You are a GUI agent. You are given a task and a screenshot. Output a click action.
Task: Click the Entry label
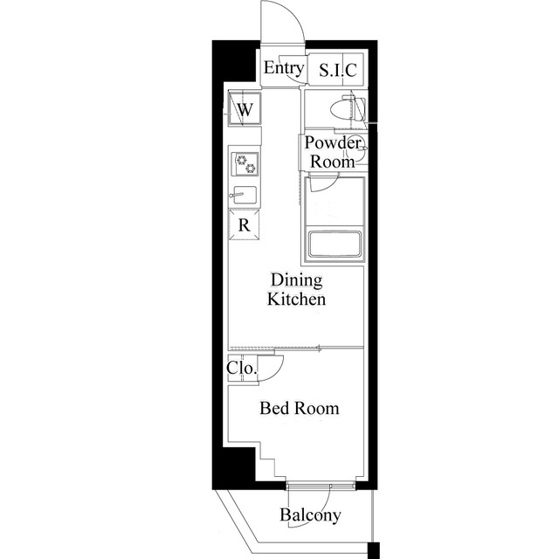(x=284, y=68)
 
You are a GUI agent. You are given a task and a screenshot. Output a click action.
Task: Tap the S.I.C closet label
(x=338, y=70)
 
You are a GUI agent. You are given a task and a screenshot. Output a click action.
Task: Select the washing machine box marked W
(x=245, y=108)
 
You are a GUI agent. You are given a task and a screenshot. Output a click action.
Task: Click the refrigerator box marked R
(x=245, y=224)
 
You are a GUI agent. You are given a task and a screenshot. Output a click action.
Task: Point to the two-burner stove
(x=245, y=164)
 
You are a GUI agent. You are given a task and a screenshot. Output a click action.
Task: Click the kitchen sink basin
(x=245, y=195)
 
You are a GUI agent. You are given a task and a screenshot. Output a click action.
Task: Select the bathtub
(x=335, y=245)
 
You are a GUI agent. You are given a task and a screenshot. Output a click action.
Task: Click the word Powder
(x=333, y=143)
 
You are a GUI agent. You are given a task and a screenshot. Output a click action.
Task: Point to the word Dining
(x=297, y=279)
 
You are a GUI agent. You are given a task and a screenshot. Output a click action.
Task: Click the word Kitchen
(x=297, y=299)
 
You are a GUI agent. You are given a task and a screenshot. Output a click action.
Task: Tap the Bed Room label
(x=300, y=408)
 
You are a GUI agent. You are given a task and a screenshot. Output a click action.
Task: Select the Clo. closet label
(x=242, y=368)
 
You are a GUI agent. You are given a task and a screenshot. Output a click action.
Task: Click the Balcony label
(x=310, y=514)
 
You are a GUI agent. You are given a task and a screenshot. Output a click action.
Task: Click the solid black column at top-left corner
(x=234, y=61)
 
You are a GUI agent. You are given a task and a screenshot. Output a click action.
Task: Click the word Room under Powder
(x=333, y=162)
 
